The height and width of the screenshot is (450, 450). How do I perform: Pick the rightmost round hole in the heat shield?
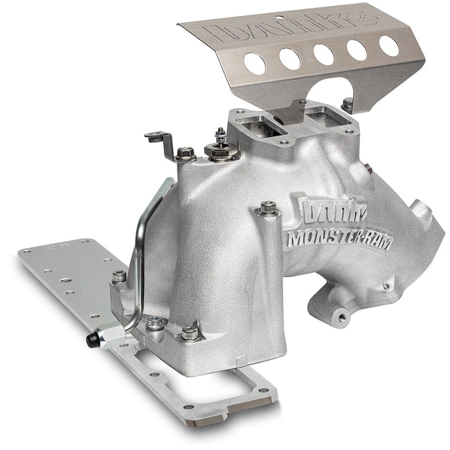tap(388, 46)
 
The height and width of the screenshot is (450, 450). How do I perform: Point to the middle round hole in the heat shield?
tap(323, 54)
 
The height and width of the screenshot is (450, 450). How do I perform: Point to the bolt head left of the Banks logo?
tap(267, 207)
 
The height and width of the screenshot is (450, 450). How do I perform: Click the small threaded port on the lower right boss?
tap(341, 316)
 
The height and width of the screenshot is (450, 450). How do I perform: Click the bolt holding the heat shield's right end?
tap(348, 105)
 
